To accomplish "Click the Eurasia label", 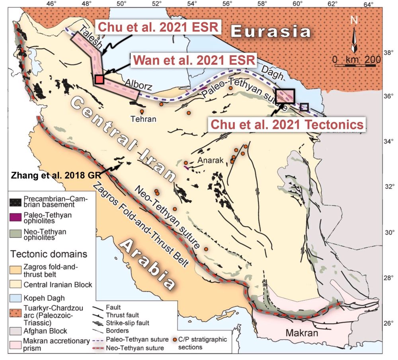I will [271, 31].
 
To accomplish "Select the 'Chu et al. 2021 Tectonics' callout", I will [287, 124].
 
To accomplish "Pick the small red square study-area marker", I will [99, 79].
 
